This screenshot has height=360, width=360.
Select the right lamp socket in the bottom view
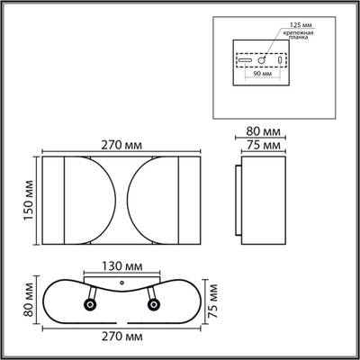tap(153, 304)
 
